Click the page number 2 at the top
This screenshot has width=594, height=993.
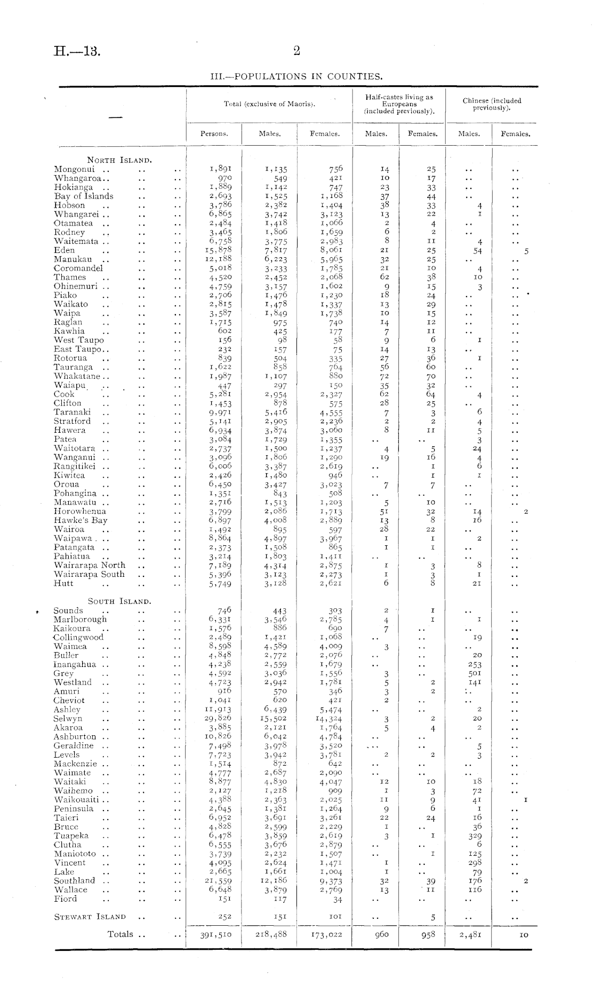pos(297,51)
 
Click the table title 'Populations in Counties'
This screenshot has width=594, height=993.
pos(297,76)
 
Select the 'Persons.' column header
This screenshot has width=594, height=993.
pos(214,134)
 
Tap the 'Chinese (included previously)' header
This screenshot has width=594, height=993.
pos(492,104)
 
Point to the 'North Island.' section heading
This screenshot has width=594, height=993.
pos(120,160)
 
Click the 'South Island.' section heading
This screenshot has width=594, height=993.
pos(119,601)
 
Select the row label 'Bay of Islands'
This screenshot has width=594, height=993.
pos(84,196)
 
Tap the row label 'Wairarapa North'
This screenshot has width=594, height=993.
pos(90,565)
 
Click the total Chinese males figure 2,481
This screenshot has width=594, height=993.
pos(470,934)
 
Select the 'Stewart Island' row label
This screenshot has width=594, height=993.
pos(90,917)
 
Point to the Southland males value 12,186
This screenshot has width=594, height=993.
pos(274,881)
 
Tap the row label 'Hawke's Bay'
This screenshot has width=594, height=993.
pos(81,520)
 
